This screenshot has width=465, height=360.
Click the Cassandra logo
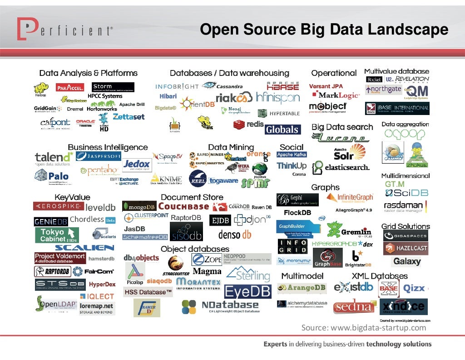[223, 85]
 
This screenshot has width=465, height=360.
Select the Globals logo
[282, 130]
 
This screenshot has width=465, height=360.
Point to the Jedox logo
[137, 164]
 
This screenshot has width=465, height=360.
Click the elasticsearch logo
[341, 167]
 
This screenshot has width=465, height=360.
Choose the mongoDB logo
[139, 206]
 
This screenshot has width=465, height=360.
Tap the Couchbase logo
[183, 206]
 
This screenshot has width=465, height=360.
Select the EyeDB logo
[247, 291]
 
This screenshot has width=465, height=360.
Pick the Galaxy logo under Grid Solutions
[407, 261]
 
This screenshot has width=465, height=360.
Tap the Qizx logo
[414, 288]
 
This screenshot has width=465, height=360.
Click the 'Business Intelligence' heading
[108, 147]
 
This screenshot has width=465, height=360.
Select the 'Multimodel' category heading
[302, 276]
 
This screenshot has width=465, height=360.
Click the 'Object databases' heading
[195, 249]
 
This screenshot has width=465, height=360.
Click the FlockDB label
[297, 213]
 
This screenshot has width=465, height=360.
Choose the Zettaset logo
[129, 117]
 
